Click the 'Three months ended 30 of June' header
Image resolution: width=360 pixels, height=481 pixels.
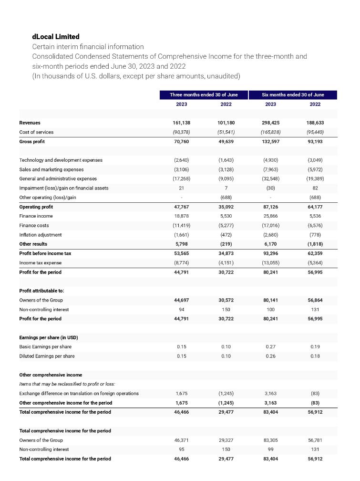204,95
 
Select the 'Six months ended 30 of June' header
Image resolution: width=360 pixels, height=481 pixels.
293,95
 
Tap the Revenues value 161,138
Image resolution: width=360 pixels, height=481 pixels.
181,123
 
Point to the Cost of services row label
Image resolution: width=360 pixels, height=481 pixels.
36,132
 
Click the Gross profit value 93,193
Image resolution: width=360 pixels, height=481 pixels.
315,141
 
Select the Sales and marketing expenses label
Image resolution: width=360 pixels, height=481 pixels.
51,169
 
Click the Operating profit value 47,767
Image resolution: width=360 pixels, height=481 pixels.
181,207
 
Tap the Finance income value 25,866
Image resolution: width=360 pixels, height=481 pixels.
270,216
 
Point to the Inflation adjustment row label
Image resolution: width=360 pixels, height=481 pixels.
41,235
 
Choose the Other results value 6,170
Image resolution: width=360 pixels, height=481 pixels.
270,244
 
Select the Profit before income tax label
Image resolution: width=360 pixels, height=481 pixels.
45,253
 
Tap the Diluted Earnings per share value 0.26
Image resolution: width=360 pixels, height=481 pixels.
270,356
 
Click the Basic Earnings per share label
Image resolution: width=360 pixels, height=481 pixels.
45,346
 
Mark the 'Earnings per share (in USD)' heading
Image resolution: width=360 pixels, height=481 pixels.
49,337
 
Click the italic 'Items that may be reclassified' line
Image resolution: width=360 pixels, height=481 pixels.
67,384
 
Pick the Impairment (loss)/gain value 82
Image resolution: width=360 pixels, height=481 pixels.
315,188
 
